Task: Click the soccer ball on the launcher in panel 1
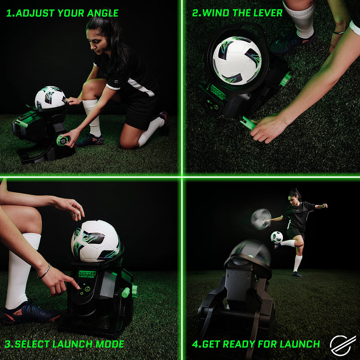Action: [50, 97]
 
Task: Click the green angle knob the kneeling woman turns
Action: [61, 140]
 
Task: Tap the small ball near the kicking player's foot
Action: [276, 237]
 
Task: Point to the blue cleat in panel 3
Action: [29, 313]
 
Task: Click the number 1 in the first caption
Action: [9, 14]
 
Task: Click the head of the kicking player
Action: [294, 195]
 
